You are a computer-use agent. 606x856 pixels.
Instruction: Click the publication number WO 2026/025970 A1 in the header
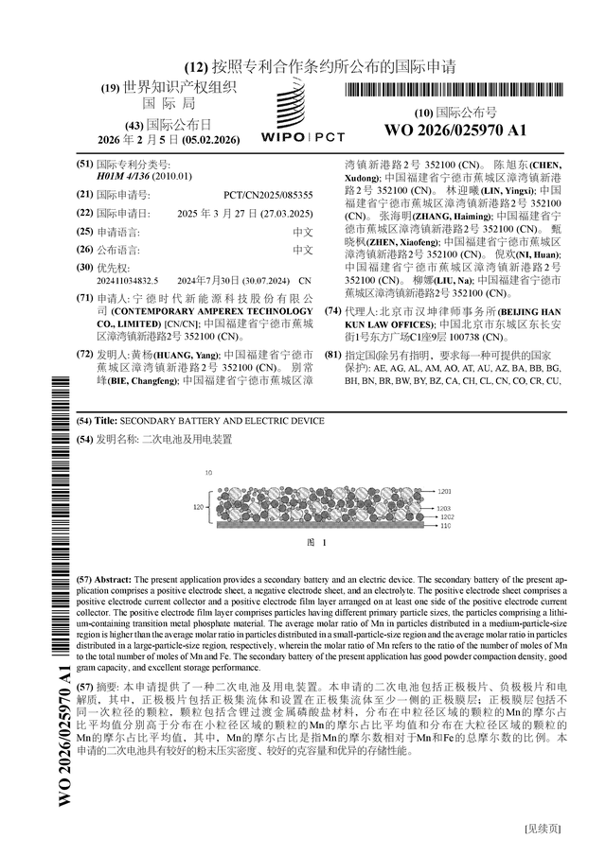(x=455, y=130)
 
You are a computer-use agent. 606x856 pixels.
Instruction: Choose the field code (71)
(x=83, y=298)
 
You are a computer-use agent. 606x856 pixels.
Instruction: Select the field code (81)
(x=331, y=355)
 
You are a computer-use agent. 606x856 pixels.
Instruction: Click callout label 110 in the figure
(x=444, y=526)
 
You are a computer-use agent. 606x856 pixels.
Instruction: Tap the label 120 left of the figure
(x=199, y=508)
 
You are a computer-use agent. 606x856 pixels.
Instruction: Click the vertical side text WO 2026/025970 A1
(x=65, y=727)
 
